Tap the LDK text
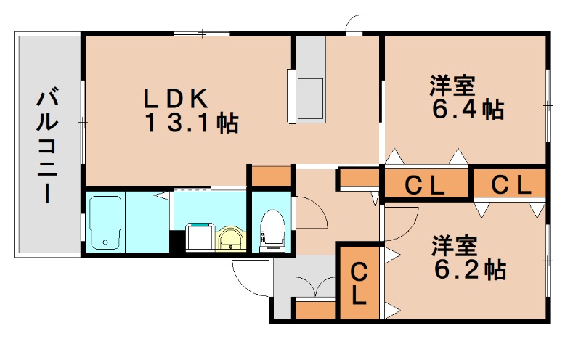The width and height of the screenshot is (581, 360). [176, 97]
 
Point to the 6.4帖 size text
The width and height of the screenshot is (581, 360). [468, 110]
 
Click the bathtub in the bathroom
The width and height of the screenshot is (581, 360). [106, 222]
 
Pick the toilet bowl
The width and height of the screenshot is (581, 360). [272, 229]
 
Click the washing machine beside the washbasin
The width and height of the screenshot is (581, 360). [200, 237]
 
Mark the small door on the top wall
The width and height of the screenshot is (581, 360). [354, 25]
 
